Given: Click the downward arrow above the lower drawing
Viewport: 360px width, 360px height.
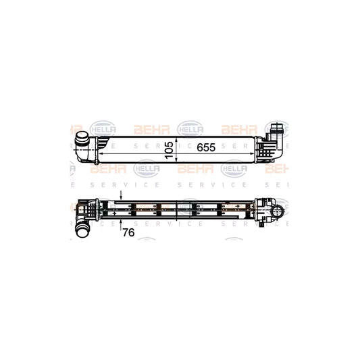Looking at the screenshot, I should (x=120, y=197).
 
